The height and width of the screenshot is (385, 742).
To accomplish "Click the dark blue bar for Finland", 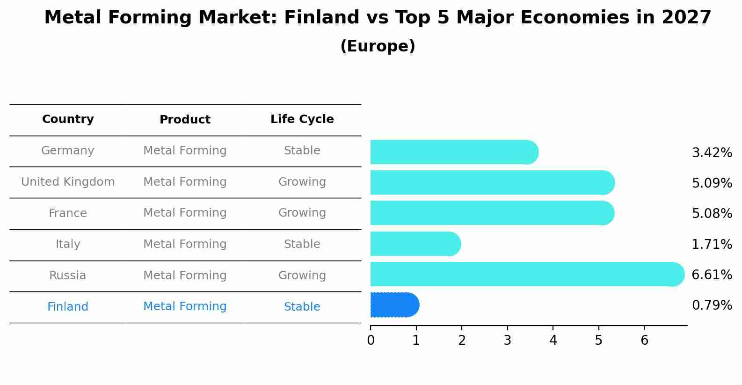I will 394,305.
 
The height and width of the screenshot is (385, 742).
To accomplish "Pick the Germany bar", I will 454,152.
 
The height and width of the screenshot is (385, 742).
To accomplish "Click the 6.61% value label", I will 712,275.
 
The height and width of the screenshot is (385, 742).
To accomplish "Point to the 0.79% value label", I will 712,305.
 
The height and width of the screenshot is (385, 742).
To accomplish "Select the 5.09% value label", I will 712,183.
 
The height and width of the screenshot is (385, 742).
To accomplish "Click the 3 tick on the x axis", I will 508,340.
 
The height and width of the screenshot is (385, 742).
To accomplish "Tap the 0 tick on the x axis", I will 371,340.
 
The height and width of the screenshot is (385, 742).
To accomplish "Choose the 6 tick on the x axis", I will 644,340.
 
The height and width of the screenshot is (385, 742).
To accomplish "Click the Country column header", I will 68,119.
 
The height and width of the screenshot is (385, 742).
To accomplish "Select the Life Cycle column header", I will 302,119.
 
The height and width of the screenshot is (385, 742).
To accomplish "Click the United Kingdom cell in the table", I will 68,182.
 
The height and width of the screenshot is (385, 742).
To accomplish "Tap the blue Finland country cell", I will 68,307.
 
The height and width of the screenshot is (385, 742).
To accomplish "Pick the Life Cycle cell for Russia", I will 302,276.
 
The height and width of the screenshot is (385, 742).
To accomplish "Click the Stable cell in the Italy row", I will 302,244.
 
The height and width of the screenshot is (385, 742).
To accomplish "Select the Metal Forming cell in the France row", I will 185,213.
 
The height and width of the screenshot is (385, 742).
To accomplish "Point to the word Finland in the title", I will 314,18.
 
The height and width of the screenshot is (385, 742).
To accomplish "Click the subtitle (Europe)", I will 378,46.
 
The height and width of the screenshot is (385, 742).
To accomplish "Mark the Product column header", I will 185,120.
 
